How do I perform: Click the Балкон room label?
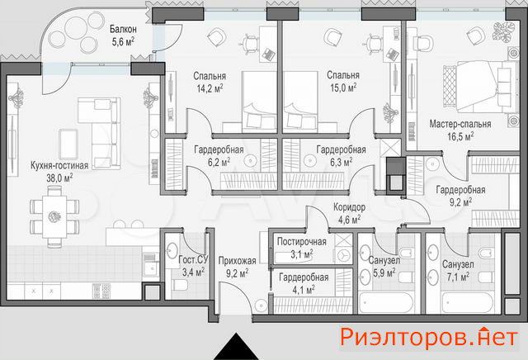coord(123,30)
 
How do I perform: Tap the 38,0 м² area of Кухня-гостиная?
coord(59,178)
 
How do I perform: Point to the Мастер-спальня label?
coord(460,124)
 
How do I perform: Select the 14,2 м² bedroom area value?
coord(210,88)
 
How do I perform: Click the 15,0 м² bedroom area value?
coord(343,88)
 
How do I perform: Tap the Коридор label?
coord(349,207)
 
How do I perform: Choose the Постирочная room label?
coord(302,242)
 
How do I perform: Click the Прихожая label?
coord(237,261)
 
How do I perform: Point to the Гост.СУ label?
coord(193,259)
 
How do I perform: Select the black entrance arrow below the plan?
coord(236,347)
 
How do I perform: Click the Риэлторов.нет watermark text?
coord(429,337)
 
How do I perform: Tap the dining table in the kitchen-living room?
coord(54,216)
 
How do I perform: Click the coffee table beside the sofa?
coord(68,144)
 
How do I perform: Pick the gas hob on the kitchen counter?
coord(101,291)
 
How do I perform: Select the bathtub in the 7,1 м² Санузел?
coord(468,303)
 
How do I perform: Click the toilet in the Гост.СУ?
coord(179,285)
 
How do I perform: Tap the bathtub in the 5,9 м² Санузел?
coord(385,303)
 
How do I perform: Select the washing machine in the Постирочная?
coord(343,255)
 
